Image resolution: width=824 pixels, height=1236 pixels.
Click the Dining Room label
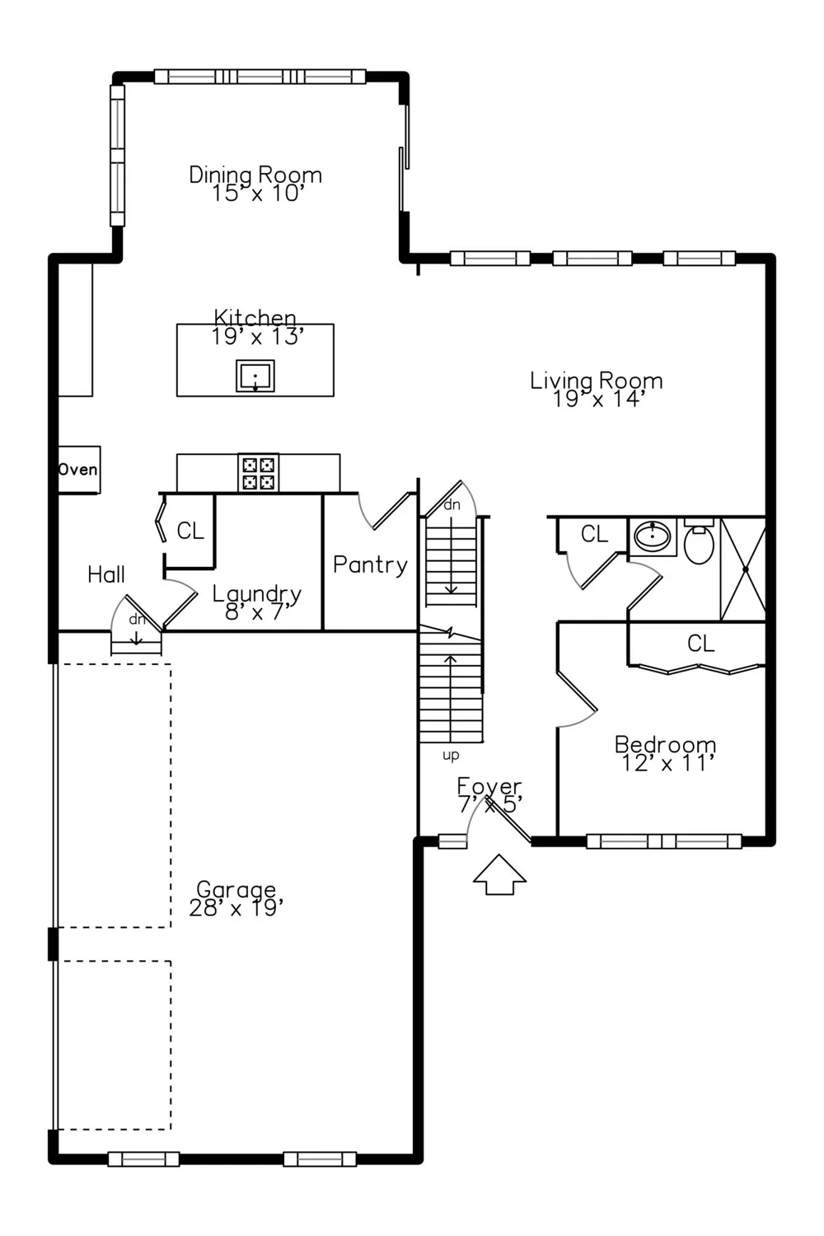[255, 175]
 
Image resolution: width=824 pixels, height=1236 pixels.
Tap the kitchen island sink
[255, 376]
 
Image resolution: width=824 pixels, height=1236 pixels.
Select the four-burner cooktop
[258, 473]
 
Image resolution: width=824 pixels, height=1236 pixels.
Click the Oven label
[77, 470]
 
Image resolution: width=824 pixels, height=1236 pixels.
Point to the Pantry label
[370, 564]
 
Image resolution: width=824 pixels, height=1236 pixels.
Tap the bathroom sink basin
[653, 536]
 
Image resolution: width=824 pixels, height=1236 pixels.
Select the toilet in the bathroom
[699, 542]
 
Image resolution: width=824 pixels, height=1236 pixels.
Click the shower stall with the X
[743, 569]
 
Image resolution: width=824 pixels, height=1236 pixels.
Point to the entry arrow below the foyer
[499, 874]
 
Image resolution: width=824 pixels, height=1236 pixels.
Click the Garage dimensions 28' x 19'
[236, 908]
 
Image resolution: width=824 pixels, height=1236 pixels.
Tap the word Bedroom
[666, 744]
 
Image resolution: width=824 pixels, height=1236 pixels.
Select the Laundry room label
[257, 594]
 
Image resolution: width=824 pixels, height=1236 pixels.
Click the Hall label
[106, 575]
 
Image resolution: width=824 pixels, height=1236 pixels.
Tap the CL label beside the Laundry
[190, 531]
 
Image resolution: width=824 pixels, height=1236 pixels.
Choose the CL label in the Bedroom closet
[701, 644]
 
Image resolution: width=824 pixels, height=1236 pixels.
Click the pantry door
[394, 511]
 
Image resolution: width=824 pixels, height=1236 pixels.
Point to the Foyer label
[489, 785]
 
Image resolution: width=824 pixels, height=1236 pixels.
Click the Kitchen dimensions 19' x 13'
[258, 336]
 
